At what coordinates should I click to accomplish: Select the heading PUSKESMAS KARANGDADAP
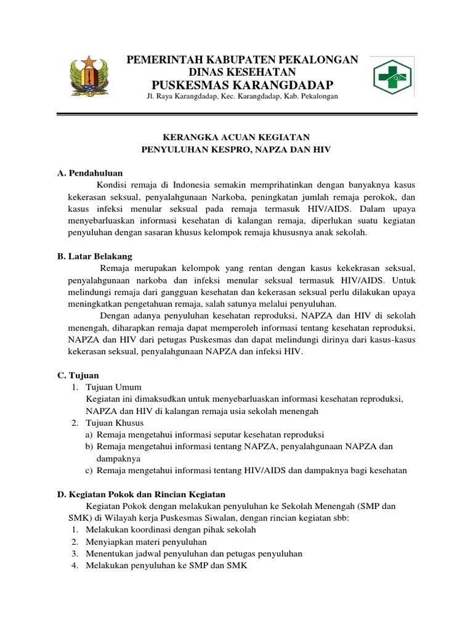[242, 84]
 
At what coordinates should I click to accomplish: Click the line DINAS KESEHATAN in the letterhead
[242, 72]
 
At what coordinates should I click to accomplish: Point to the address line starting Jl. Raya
[242, 97]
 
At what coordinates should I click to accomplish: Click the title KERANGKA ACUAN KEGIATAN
[236, 137]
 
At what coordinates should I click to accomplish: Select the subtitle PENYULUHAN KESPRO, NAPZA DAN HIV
[236, 150]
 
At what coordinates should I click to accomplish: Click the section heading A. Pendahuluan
[90, 173]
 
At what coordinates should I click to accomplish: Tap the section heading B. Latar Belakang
[94, 256]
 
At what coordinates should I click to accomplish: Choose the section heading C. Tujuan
[78, 375]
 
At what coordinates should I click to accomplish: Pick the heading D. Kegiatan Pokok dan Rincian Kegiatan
[141, 494]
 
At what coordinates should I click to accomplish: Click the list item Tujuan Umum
[114, 388]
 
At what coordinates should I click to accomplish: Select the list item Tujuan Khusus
[115, 423]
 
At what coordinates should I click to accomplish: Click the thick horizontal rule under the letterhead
[236, 115]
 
